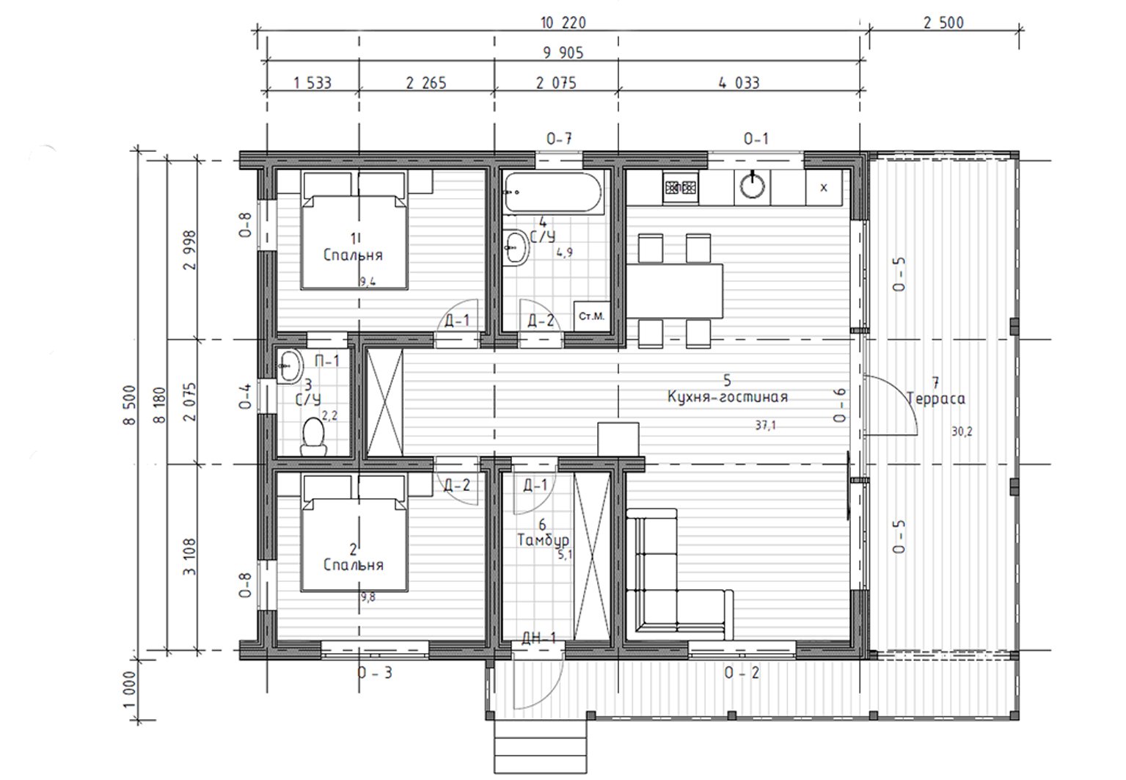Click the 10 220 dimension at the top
tap(563, 23)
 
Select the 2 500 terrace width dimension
tap(943, 23)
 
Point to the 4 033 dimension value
tap(739, 83)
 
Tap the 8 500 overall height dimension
tap(129, 405)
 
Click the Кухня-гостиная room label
tap(728, 397)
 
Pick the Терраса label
tap(936, 398)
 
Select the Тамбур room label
tap(543, 540)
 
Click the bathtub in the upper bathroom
tap(553, 192)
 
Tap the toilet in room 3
tap(313, 437)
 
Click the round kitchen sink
tap(753, 186)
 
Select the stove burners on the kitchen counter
tap(681, 188)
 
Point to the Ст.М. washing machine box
tap(592, 316)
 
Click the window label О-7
tap(559, 138)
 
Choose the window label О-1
tap(756, 138)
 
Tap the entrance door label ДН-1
tap(538, 638)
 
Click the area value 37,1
tap(765, 426)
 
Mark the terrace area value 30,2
tap(962, 431)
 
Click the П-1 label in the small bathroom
tap(327, 360)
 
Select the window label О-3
tap(375, 672)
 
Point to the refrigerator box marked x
tap(823, 188)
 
